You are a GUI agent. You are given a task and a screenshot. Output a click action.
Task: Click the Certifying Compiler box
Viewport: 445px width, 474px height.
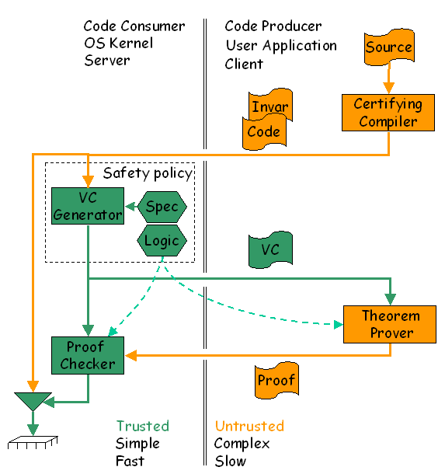coord(388,113)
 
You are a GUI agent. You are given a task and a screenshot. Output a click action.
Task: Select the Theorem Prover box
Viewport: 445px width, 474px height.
coord(390,324)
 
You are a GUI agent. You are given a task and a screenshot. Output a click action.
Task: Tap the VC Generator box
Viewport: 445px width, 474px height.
coord(88,206)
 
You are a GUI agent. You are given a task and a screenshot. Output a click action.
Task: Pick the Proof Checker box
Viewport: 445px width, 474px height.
coord(88,356)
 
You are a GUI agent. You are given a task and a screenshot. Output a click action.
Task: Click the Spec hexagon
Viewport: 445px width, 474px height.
coord(162,207)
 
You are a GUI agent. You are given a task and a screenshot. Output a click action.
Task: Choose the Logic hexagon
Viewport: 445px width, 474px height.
coord(162,241)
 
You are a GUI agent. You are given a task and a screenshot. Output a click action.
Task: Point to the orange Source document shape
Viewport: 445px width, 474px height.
coord(389,47)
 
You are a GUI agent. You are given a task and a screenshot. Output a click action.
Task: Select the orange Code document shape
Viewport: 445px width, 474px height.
coord(264,132)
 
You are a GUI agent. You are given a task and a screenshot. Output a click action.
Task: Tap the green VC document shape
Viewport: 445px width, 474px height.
coord(270,249)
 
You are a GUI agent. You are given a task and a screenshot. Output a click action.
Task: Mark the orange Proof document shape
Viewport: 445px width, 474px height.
coord(276,380)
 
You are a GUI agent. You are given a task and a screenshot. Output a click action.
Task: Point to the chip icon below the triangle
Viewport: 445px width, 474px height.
coord(33,442)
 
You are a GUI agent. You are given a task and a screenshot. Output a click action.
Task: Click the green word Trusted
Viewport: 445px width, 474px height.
coord(143,426)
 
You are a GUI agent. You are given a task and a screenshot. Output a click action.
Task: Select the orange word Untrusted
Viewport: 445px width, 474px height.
coord(249,426)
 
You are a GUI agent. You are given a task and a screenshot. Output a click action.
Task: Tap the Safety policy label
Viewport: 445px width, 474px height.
coord(148,173)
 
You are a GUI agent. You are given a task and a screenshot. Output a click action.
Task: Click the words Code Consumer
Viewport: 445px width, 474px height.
coord(134,26)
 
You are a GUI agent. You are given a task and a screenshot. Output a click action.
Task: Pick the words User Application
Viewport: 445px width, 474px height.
coord(281,46)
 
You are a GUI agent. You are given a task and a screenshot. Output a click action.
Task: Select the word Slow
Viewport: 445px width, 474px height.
coord(231,461)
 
